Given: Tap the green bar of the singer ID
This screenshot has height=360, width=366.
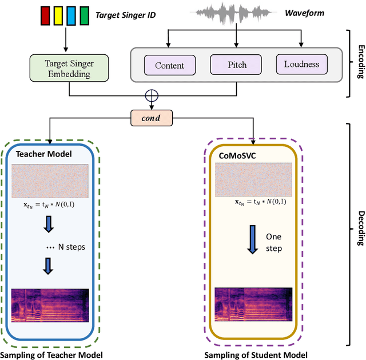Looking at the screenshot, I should pos(85,15).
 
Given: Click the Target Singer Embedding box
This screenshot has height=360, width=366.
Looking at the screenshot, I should pos(68,67).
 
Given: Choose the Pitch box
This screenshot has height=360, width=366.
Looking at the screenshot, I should pos(233,65).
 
